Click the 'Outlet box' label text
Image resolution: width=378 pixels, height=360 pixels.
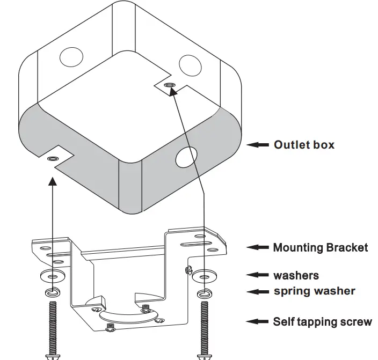click(304, 144)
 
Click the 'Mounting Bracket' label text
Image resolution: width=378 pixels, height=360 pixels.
click(321, 247)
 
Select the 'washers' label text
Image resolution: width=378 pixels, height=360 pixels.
click(296, 275)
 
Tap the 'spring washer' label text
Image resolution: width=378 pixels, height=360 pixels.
click(314, 291)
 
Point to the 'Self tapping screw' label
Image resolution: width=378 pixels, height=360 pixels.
click(322, 321)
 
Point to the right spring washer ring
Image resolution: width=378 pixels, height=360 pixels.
click(204, 293)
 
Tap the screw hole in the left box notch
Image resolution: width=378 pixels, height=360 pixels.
click(53, 159)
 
